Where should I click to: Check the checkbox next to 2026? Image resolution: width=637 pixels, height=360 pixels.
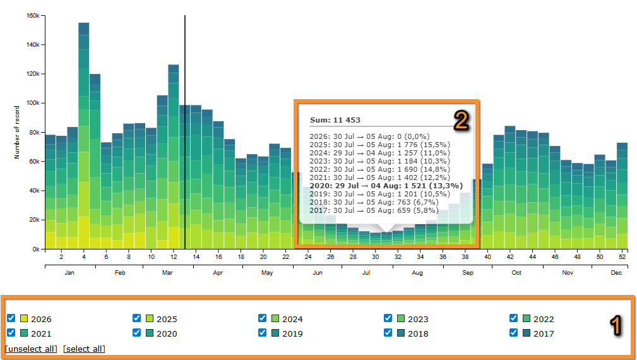[11, 318]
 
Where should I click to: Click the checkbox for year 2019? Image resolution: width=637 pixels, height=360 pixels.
[263, 333]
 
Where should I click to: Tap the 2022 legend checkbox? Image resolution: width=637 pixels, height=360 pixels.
[514, 318]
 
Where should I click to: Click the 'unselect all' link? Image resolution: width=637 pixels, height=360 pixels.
[31, 349]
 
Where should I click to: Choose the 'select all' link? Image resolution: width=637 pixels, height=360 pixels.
[84, 349]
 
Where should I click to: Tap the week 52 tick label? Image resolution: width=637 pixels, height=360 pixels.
[622, 257]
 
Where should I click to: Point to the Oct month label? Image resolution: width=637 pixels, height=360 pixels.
[516, 273]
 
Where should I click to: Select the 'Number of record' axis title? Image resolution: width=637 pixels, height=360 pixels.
[17, 133]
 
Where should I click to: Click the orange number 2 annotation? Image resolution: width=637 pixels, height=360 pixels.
[461, 121]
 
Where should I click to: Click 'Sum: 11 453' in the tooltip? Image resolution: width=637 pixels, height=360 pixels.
[335, 120]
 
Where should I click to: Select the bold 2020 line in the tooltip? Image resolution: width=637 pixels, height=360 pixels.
[386, 186]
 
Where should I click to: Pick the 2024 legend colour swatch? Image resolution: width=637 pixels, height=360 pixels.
[275, 318]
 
